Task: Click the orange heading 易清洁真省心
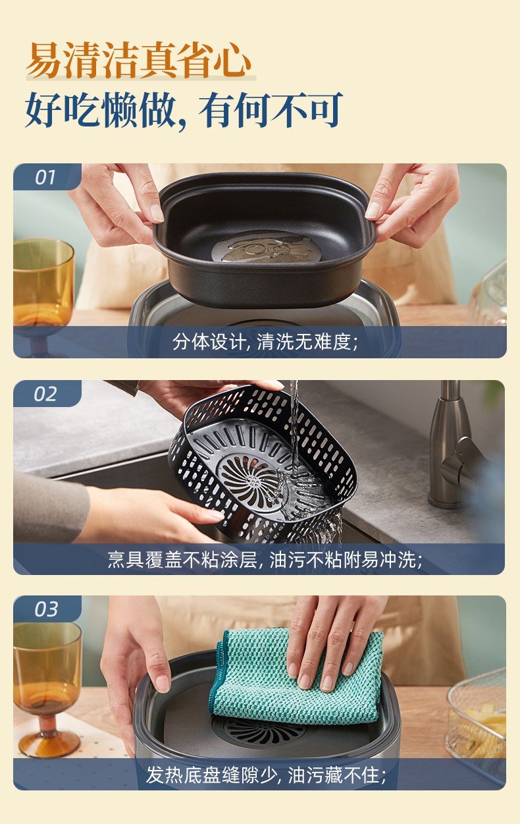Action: [139, 61]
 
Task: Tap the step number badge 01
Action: [45, 177]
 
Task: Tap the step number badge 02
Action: [45, 394]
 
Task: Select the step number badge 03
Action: [46, 609]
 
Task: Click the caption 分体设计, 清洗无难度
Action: [265, 342]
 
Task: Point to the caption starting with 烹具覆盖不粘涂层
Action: [265, 560]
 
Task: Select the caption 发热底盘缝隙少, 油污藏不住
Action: [266, 775]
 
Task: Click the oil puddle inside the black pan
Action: [267, 247]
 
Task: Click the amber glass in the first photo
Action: [43, 290]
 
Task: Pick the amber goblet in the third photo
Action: [46, 684]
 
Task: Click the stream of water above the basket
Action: [294, 423]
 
